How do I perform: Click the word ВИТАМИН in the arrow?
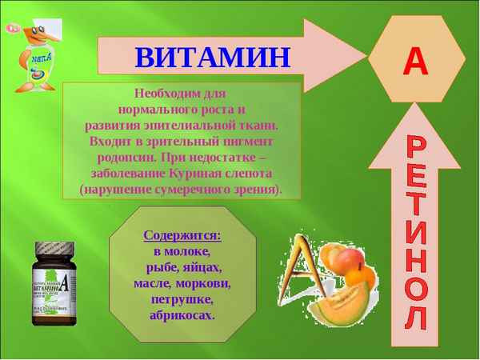tap(212, 58)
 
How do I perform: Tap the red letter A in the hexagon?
tap(415, 61)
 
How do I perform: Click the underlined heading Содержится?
tap(182, 235)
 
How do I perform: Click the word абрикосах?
tap(182, 315)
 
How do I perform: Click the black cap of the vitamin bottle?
tap(54, 251)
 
